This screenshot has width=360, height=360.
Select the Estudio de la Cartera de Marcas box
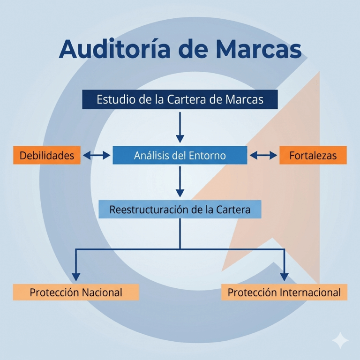tap(180, 99)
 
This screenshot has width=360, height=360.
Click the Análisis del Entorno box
tap(180, 155)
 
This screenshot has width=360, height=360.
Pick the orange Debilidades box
tap(47, 155)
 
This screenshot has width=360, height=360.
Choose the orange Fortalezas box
tap(313, 155)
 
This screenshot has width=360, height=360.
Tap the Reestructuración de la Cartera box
tap(180, 209)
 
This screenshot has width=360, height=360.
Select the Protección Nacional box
tap(76, 292)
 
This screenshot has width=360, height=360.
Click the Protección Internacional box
tap(284, 292)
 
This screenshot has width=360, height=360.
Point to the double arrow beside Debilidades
tap(97, 155)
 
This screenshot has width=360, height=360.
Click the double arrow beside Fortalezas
tap(263, 155)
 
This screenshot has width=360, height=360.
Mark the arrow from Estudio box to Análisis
tap(180, 126)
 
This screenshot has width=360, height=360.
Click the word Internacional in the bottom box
tap(310, 292)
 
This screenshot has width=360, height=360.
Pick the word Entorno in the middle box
tap(206, 155)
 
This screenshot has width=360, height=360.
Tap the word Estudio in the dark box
tap(112, 99)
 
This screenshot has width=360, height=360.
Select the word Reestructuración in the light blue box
tap(150, 209)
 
